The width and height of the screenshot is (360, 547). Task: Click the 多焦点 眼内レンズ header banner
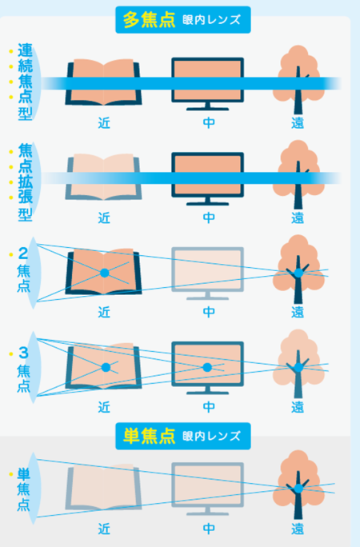pyautogui.click(x=183, y=20)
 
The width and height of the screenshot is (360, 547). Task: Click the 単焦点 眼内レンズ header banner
pyautogui.click(x=183, y=436)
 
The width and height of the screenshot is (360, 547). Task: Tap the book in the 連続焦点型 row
pyautogui.click(x=104, y=82)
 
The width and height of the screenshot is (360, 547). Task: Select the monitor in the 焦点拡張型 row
pyautogui.click(x=207, y=178)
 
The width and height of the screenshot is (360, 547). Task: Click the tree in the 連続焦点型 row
pyautogui.click(x=298, y=79)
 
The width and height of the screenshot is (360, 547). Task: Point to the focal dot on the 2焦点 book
pyautogui.click(x=105, y=273)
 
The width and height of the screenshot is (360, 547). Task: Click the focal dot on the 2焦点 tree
pyautogui.click(x=298, y=273)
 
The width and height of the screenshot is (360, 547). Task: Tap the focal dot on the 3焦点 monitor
pyautogui.click(x=207, y=367)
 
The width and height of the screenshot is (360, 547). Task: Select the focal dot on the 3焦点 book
pyautogui.click(x=106, y=367)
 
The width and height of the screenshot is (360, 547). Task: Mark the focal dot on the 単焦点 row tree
pyautogui.click(x=298, y=489)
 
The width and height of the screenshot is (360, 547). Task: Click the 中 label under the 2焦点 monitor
pyautogui.click(x=209, y=312)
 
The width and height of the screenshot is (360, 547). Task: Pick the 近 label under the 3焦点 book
pyautogui.click(x=104, y=407)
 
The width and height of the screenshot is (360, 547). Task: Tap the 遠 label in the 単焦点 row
pyautogui.click(x=298, y=529)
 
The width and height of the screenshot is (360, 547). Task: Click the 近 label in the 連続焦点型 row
pyautogui.click(x=104, y=123)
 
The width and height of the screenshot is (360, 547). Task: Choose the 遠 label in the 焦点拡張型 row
pyautogui.click(x=298, y=218)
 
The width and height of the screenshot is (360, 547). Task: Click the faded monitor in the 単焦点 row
pyautogui.click(x=207, y=489)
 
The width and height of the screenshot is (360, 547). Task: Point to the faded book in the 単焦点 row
pyautogui.click(x=104, y=487)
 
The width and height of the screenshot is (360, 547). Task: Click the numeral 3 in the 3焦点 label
pyautogui.click(x=23, y=353)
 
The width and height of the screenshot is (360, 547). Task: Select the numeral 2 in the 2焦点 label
pyautogui.click(x=23, y=254)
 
